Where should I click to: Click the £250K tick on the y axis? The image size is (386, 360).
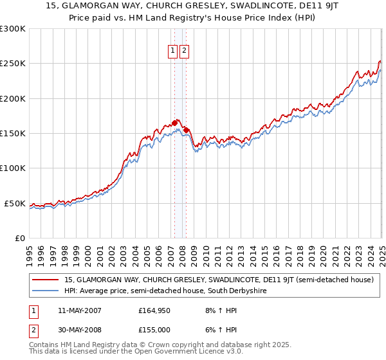point(13,64)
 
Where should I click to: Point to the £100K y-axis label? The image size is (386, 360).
point(13,168)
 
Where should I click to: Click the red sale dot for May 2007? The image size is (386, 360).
point(174,123)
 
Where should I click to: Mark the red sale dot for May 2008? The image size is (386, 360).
point(186,130)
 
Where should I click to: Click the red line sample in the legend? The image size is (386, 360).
point(46,280)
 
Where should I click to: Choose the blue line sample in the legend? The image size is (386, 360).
point(46,291)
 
